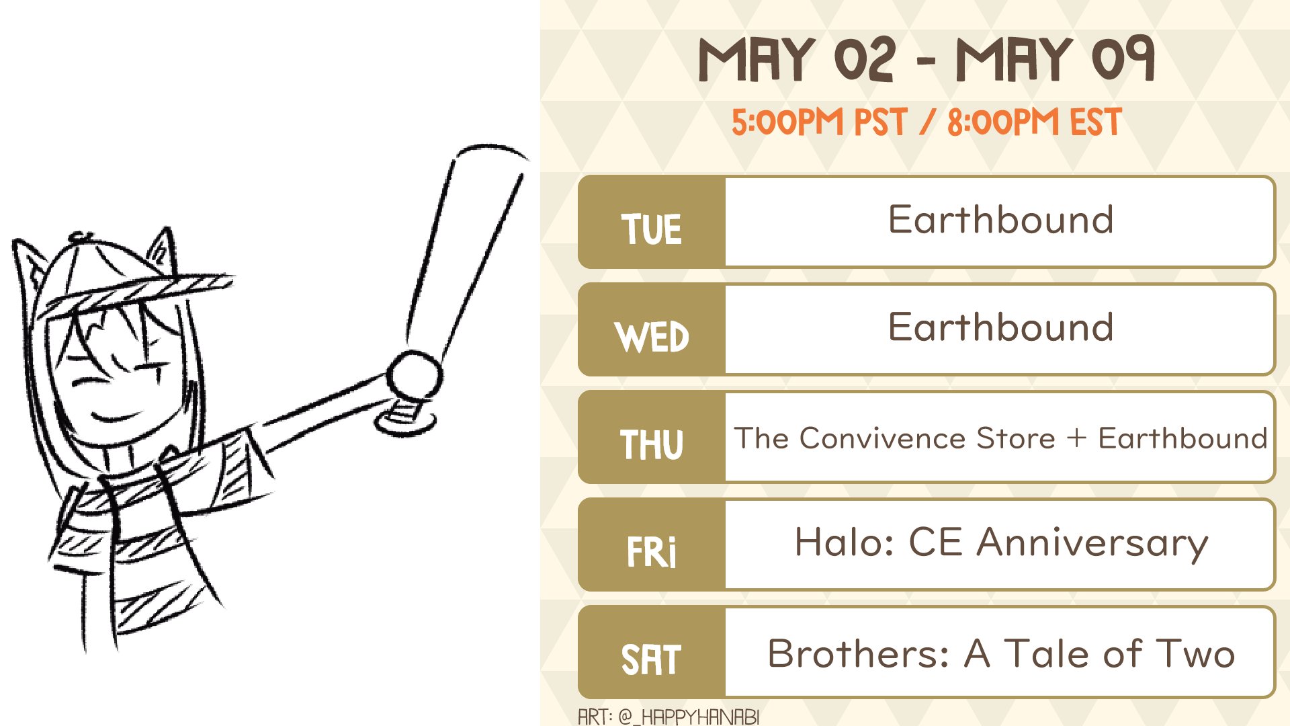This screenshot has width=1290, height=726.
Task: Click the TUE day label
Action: point(651,229)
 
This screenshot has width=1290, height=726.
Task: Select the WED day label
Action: point(652,337)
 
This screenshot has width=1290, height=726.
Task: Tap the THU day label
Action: point(651,444)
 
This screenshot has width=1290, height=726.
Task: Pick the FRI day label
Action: point(651,552)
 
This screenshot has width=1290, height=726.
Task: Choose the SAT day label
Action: point(651,659)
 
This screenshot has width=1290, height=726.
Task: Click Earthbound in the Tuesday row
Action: point(1000,220)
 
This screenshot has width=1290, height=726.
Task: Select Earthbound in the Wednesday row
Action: point(1000,327)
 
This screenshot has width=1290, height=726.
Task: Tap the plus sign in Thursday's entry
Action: point(1076,438)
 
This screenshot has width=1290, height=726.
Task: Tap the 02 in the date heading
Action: point(865,59)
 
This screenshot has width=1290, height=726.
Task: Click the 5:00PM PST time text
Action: point(819,122)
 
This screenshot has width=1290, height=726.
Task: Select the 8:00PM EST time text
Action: point(1035,122)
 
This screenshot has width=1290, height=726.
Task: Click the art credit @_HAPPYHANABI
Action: point(689,717)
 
